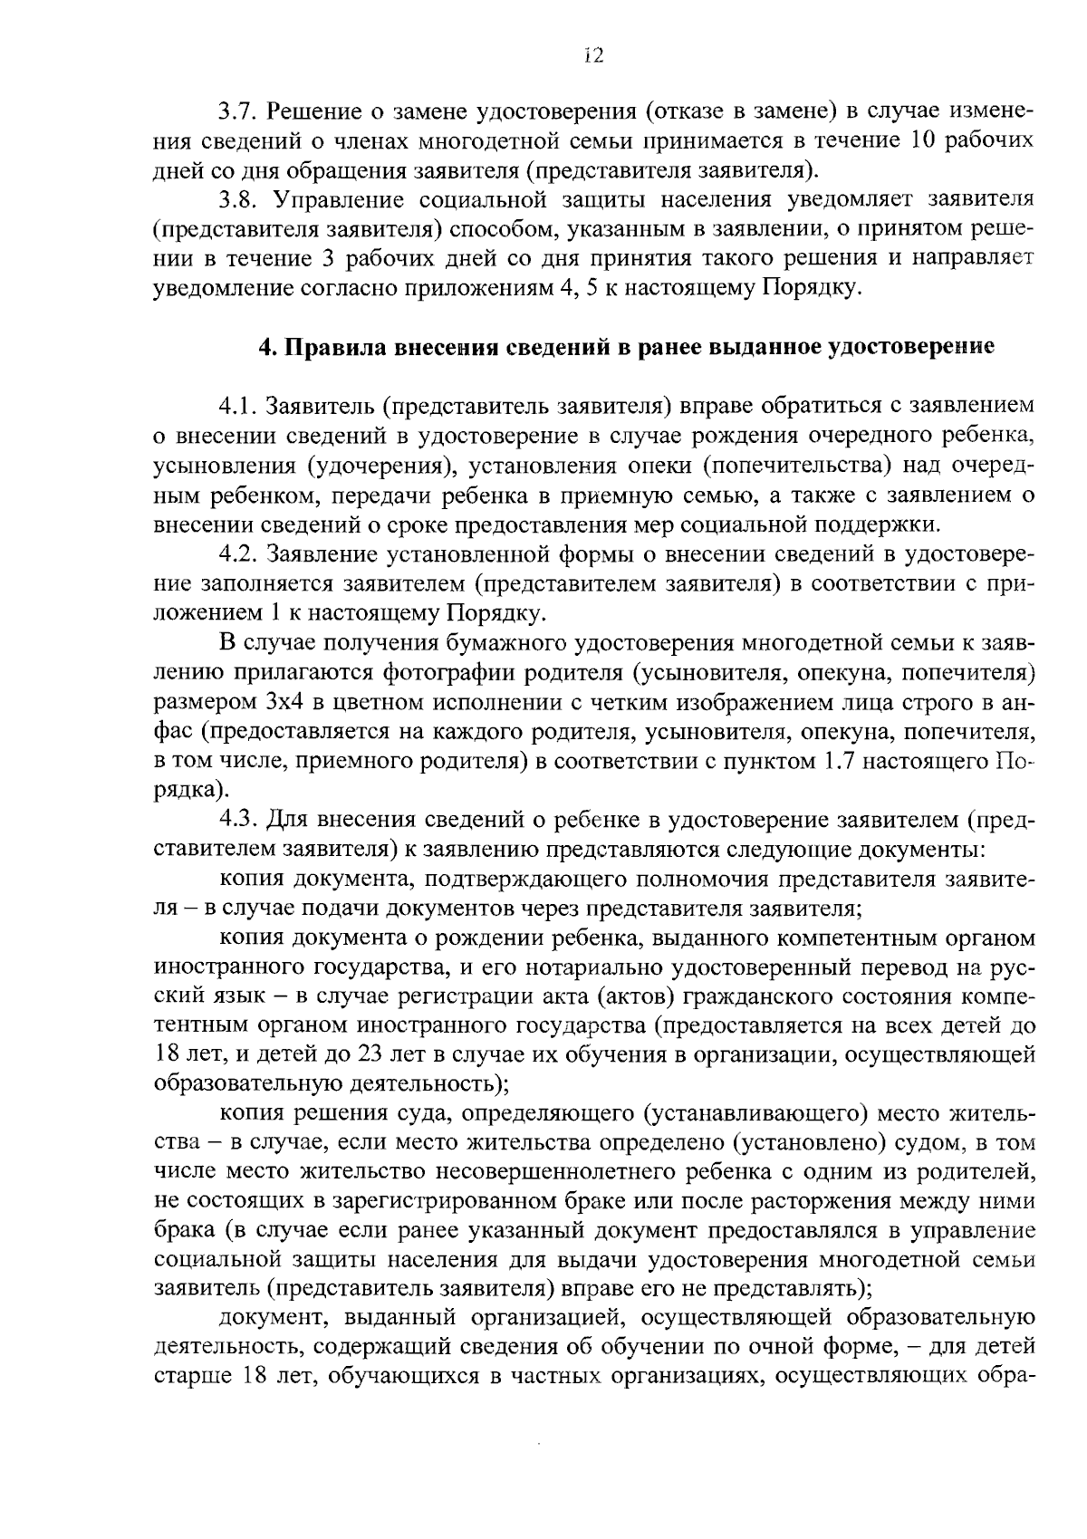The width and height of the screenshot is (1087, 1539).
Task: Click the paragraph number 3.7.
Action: pos(237,111)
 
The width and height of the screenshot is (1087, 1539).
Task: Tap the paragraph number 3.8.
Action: pos(237,199)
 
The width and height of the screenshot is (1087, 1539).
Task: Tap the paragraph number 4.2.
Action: pos(237,553)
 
